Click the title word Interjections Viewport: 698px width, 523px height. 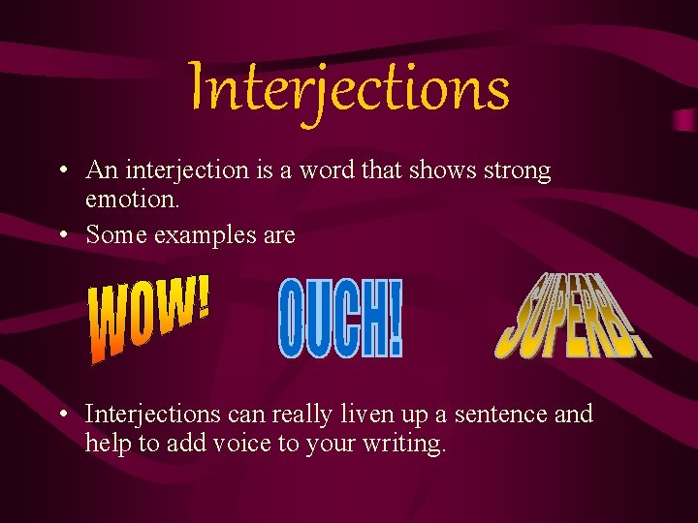pos(349,87)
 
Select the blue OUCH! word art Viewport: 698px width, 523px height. pos(339,318)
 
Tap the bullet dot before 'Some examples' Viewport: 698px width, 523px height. pos(62,235)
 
